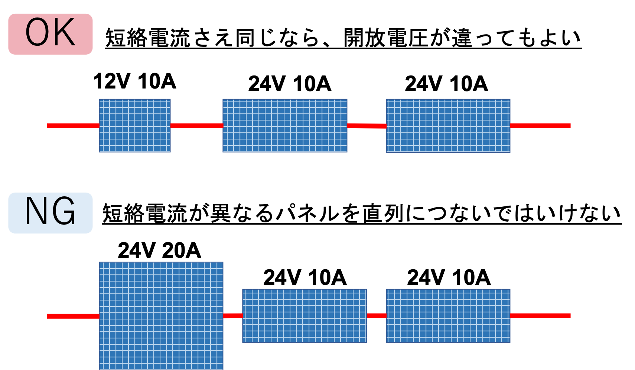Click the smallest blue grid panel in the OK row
coord(134,126)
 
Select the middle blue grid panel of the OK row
coord(285,126)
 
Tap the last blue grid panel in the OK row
coord(448,126)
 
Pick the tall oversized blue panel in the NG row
coord(161,315)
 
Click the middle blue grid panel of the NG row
coord(305,315)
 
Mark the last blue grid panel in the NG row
coord(448,315)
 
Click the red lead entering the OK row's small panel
coord(73,126)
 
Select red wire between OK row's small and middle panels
coord(196,126)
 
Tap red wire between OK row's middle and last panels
coord(367,126)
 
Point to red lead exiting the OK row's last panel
coord(540,126)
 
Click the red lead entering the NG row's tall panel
coord(73,316)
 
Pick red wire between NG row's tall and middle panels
coord(233,316)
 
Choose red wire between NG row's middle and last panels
coord(377,316)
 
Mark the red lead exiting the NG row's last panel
coord(540,316)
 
